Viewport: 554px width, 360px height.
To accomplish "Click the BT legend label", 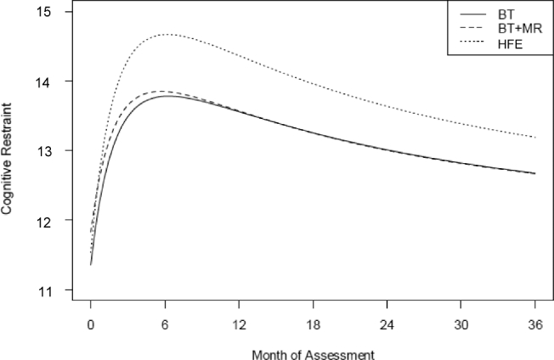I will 506,15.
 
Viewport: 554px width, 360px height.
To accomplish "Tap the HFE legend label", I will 510,43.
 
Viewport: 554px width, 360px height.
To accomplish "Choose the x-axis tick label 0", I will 91,324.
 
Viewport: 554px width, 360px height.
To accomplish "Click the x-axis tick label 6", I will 165,324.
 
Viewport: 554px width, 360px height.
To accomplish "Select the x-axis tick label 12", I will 239,324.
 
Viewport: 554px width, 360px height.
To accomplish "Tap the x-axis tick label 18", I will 313,324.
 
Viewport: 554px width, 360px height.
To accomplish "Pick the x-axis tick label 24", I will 387,324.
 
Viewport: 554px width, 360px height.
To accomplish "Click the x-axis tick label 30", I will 461,324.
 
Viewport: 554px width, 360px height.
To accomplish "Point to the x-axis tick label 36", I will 534,324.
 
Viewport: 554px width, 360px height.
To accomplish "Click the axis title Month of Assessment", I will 313,350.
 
